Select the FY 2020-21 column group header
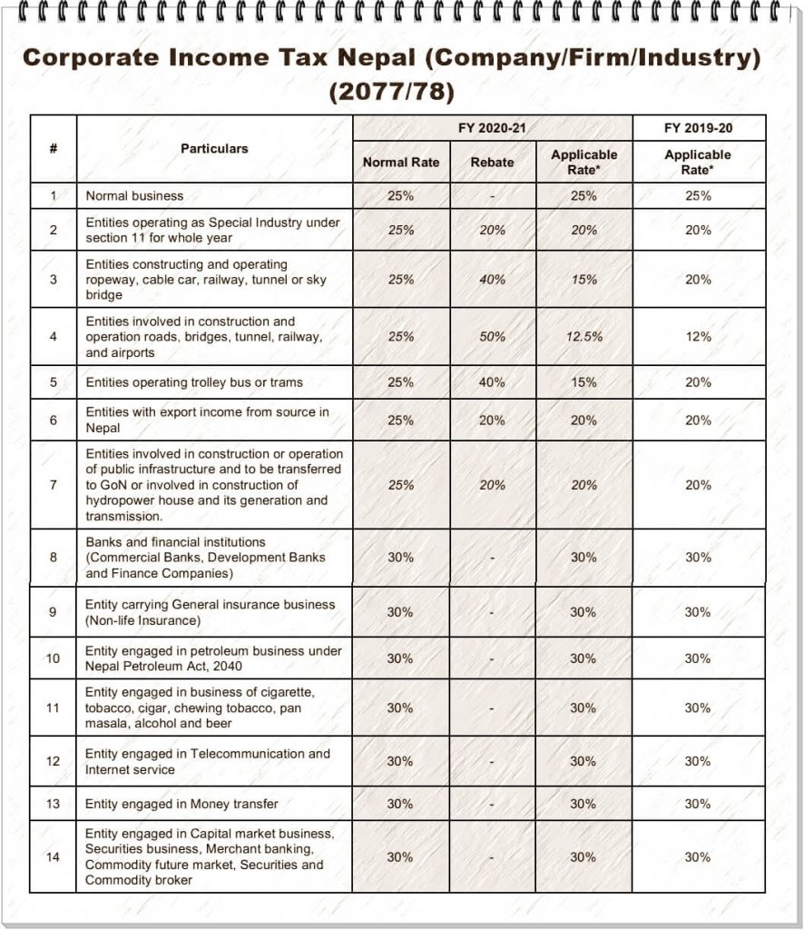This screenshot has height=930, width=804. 492,128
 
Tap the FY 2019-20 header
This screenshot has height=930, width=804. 698,128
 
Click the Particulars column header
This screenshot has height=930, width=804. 214,148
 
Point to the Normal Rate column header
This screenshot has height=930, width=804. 400,163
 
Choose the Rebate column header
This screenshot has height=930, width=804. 492,163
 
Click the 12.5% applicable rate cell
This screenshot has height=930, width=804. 583,336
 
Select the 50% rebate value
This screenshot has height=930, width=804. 492,336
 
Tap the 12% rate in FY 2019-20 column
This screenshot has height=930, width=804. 698,336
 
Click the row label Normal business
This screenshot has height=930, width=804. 134,195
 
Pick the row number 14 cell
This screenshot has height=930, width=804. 53,856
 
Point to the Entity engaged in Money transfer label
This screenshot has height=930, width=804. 181,804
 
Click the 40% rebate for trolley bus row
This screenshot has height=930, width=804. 492,382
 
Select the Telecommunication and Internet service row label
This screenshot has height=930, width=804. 208,761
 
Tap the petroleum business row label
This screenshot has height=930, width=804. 213,658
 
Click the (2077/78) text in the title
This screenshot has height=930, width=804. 391,93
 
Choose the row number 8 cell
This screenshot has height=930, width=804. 53,558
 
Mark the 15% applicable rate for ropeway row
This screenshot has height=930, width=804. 583,280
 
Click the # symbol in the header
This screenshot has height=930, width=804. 53,148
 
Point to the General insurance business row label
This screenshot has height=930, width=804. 210,612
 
